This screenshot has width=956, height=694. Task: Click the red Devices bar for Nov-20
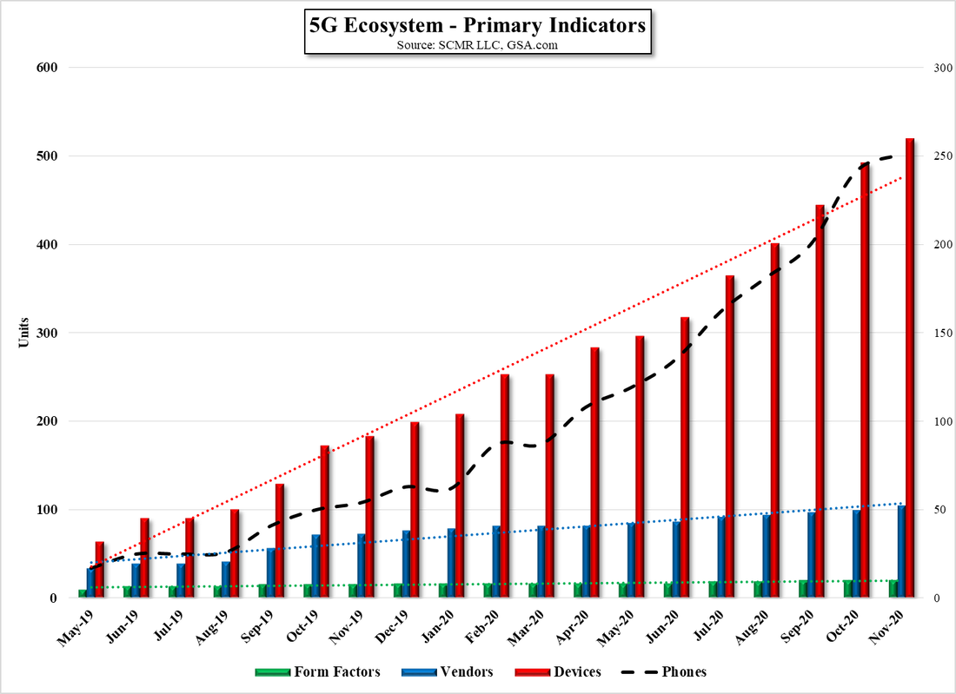pos(910,368)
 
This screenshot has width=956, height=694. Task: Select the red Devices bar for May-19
pos(100,570)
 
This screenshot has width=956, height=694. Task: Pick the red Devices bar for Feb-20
pos(505,486)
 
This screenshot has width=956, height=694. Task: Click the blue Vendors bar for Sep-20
pos(811,555)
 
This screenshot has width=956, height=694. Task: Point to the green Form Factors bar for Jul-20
pos(713,589)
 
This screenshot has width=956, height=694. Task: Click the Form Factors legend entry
pos(317,672)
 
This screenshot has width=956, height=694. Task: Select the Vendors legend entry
pos(448,672)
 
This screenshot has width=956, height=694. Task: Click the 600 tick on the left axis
pos(45,68)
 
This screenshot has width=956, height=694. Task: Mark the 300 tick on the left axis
pos(45,334)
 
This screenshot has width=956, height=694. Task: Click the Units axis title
pos(23,333)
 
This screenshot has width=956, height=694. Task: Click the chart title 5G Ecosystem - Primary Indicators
pos(477,25)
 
